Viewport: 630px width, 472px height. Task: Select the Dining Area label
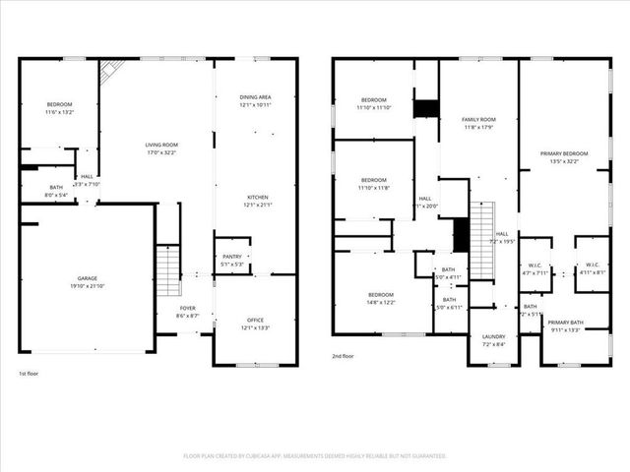coord(255,100)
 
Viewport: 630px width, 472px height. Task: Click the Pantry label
coord(232,260)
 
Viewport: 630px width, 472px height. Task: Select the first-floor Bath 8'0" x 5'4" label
coord(56,191)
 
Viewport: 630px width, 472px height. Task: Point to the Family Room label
coord(478,122)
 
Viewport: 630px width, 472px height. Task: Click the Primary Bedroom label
coord(563,157)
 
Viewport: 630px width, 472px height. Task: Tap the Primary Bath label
coord(566,326)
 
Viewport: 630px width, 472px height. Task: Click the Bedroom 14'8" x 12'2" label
coord(381,299)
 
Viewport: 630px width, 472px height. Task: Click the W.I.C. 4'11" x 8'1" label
coord(592,267)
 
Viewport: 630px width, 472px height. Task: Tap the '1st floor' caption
coord(30,374)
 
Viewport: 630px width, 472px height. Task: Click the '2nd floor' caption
coord(344,356)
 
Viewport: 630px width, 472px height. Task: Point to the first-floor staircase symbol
coord(167,270)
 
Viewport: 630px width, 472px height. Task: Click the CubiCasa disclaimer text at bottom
coord(315,456)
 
